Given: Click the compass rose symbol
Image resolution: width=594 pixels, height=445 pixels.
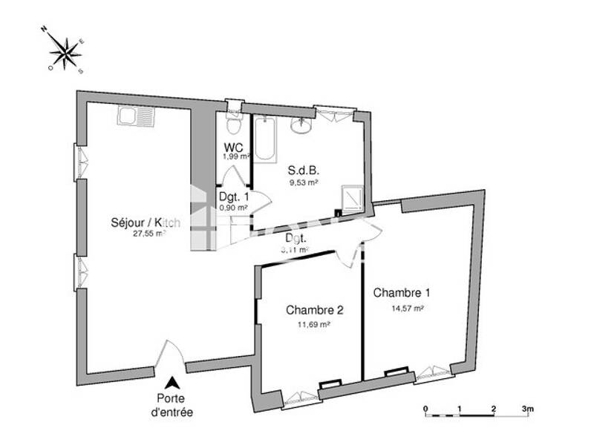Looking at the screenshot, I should [x=68, y=52].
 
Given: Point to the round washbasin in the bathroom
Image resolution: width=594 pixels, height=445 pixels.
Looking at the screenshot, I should [x=302, y=126].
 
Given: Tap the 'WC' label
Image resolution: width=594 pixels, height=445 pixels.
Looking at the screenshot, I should [x=234, y=147].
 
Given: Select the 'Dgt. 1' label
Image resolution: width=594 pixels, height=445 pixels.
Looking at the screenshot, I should [x=234, y=197].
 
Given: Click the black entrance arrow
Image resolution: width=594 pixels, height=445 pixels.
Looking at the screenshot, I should [x=172, y=383].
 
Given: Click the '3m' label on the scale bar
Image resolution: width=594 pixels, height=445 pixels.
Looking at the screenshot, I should [x=528, y=409].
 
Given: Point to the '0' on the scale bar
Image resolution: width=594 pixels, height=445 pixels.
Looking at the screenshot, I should [x=425, y=409].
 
